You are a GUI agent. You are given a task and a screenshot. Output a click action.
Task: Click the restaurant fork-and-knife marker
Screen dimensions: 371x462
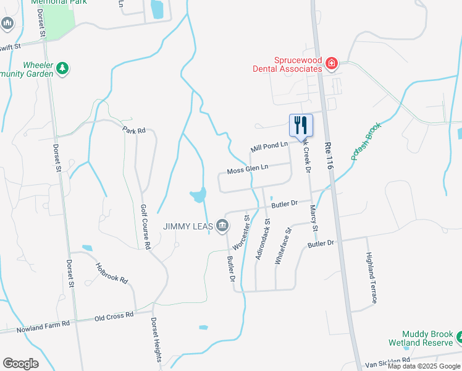pyautogui.click(x=301, y=125)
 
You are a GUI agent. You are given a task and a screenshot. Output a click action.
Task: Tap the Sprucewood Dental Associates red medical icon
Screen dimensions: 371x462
pyautogui.click(x=332, y=62)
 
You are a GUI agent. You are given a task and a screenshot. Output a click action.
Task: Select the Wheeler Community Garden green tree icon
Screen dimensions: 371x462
pyautogui.click(x=62, y=69)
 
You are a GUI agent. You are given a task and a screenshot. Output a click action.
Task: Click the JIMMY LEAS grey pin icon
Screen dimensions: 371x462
pyautogui.click(x=220, y=226)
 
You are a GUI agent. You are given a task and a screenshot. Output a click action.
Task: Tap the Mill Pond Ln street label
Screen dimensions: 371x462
pyautogui.click(x=269, y=147)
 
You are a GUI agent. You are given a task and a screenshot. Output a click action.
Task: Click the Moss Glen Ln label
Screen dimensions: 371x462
pyautogui.click(x=248, y=168)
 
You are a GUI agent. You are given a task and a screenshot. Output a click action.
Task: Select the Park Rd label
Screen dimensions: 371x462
pyautogui.click(x=133, y=130)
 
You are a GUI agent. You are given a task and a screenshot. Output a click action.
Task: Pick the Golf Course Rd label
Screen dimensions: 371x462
pyautogui.click(x=145, y=226)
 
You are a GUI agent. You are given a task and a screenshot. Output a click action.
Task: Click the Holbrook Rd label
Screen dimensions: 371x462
pyautogui.click(x=112, y=273)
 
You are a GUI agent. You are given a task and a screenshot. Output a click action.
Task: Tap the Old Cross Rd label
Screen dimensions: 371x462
pyautogui.click(x=114, y=316)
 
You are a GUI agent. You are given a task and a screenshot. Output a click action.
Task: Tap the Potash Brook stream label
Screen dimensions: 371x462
pyautogui.click(x=367, y=142)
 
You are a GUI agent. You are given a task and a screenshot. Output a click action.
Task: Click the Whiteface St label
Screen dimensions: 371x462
pyautogui.click(x=282, y=246)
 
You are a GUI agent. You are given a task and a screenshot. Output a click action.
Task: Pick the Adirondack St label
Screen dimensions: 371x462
pyautogui.click(x=264, y=237)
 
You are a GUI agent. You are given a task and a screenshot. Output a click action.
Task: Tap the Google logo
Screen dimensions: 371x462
pyautogui.click(x=21, y=364)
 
